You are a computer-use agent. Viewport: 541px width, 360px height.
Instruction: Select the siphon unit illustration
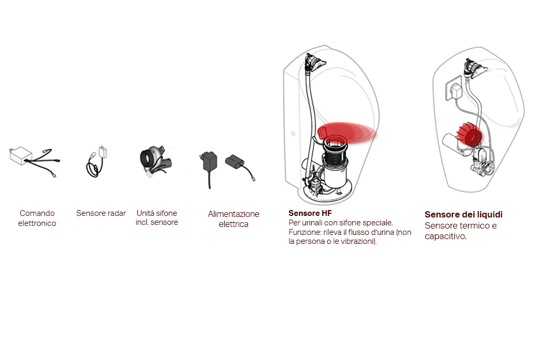coord(156,162)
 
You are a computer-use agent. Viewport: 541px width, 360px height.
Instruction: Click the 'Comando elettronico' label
coord(37,218)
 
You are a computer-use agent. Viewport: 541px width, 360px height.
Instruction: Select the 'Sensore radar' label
coord(101,213)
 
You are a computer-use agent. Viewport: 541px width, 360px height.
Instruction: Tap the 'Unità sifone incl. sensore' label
coord(156,217)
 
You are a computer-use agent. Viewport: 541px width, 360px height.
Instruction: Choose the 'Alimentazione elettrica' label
coord(233,219)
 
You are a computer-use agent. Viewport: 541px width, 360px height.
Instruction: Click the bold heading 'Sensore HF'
coord(310,213)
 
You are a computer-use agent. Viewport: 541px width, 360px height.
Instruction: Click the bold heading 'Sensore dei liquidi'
coord(463,214)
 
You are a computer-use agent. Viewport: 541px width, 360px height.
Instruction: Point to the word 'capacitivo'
coord(445,236)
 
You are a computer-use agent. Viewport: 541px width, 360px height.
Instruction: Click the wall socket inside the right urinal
coord(453,89)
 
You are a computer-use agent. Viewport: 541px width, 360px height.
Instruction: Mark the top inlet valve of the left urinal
coord(314,62)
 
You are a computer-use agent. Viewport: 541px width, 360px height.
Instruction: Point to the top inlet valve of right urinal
coord(474,68)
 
